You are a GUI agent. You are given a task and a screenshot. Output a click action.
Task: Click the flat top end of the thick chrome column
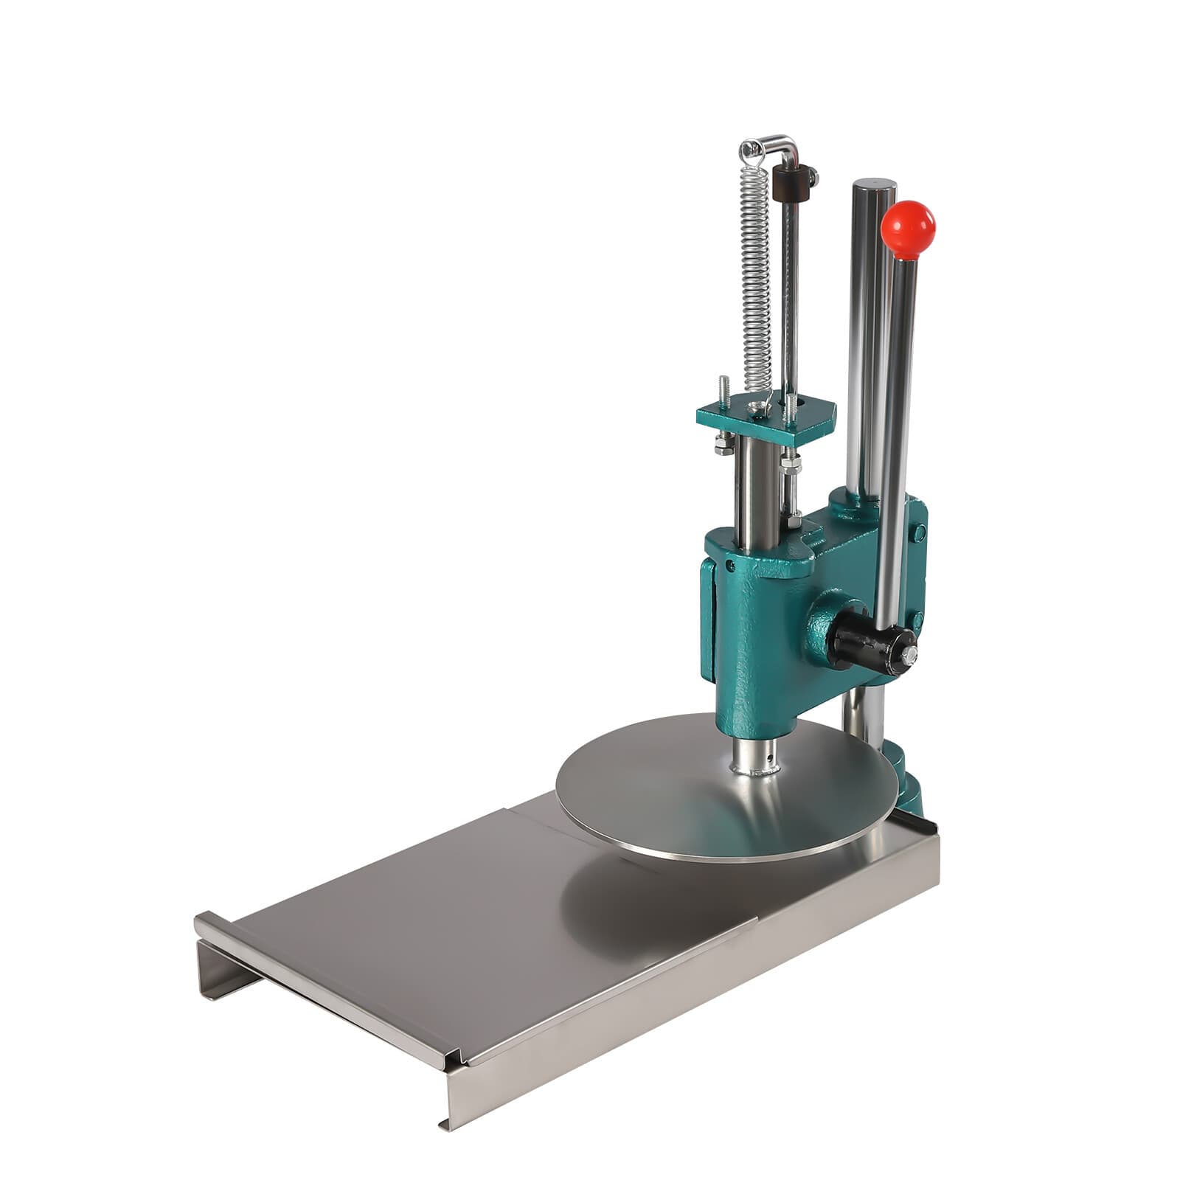[x=874, y=183]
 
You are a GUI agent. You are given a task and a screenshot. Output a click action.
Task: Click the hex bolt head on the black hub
[x=912, y=653]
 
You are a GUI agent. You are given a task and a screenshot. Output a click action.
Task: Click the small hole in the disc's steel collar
[x=770, y=755]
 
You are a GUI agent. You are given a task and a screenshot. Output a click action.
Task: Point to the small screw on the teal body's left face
[x=730, y=565]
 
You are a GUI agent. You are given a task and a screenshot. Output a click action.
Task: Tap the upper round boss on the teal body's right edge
[x=920, y=532]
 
